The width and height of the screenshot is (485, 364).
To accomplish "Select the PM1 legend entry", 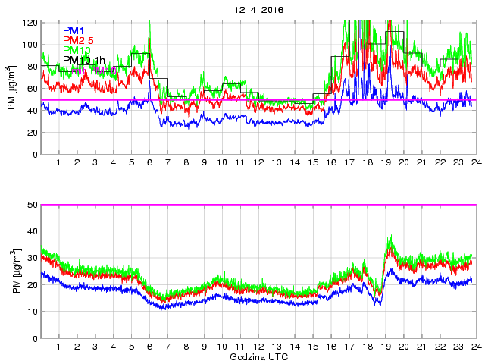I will [x=74, y=30].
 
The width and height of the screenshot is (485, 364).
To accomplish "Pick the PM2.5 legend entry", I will [x=78, y=40].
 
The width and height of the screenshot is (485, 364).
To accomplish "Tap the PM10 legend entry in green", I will [x=76, y=50].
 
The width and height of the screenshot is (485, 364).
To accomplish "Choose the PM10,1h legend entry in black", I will [x=83, y=60].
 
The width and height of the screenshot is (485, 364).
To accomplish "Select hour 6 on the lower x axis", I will [x=149, y=347].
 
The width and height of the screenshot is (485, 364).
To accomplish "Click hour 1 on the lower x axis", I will [x=59, y=347].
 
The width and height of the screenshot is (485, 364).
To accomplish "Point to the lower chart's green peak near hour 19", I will [x=391, y=237].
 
